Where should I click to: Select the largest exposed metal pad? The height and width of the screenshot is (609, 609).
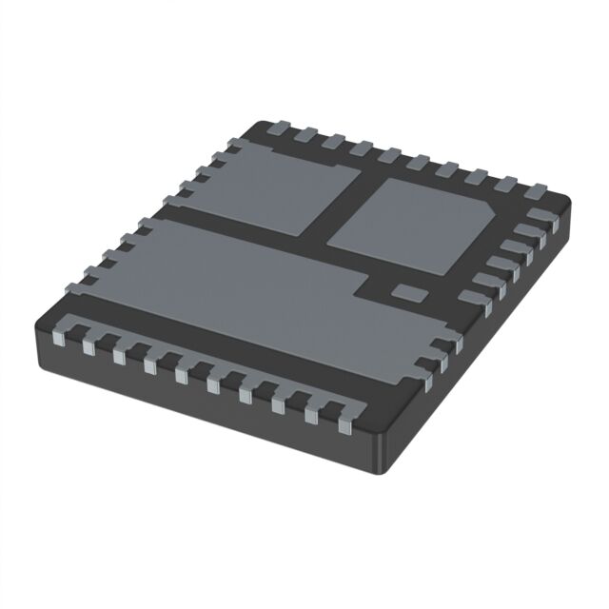pyautogui.click(x=238, y=285)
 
